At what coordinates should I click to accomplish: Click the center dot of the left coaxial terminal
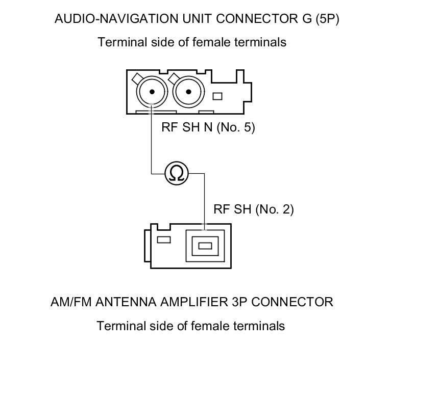(152, 91)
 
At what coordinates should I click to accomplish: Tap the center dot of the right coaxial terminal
(188, 91)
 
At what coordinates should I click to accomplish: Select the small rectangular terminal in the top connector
(217, 96)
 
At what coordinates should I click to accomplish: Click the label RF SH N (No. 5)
(208, 127)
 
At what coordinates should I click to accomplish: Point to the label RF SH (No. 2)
(253, 209)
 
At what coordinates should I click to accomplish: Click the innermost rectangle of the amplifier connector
(205, 246)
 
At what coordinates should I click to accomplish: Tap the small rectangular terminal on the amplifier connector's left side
(164, 240)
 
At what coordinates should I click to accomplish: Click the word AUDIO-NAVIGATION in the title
(116, 19)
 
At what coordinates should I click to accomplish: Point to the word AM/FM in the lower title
(71, 302)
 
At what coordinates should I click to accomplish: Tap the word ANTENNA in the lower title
(126, 302)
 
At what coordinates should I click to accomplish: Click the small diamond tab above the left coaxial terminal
(137, 78)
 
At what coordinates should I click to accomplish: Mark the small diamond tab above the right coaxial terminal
(174, 78)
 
